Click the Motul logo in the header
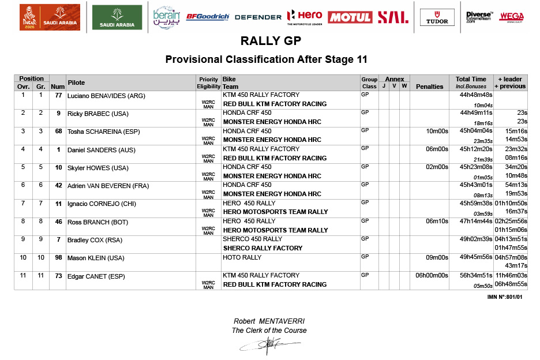(x=350, y=17)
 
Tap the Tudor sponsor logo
(x=437, y=17)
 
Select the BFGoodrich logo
(x=208, y=17)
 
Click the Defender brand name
(x=258, y=17)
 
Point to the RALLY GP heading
(x=270, y=42)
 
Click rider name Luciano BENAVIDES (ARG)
(x=106, y=96)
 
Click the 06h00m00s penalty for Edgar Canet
(x=432, y=276)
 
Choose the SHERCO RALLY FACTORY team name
(x=262, y=248)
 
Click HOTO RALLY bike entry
(x=242, y=257)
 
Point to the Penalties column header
(x=429, y=87)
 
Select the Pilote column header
(x=76, y=82)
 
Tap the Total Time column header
(x=471, y=79)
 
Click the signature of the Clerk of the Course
(x=269, y=344)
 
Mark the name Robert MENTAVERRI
(x=269, y=321)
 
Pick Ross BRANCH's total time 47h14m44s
(x=475, y=222)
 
